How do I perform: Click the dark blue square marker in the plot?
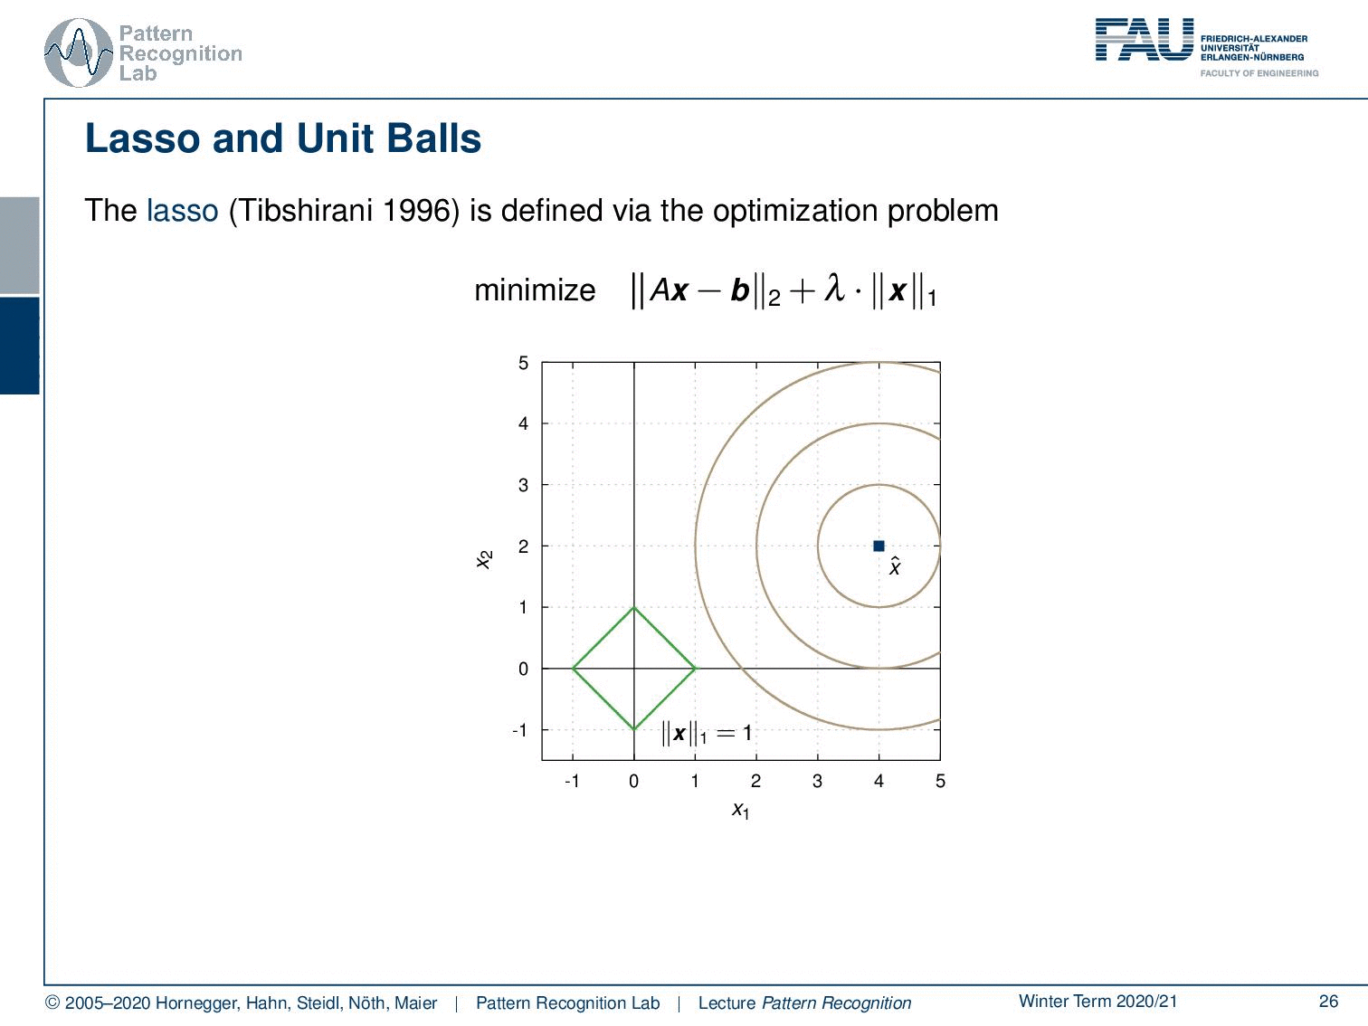(x=879, y=546)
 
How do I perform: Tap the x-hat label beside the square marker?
(x=895, y=565)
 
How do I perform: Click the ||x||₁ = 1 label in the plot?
(x=707, y=733)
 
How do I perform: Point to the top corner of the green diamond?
(x=634, y=607)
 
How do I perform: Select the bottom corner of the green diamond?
(x=634, y=729)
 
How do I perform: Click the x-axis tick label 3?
(x=817, y=781)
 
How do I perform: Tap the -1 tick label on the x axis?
(x=572, y=781)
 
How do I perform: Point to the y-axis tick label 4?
(x=523, y=423)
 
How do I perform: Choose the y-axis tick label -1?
(x=519, y=730)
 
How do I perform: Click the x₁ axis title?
(x=741, y=811)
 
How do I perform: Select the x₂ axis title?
(x=484, y=559)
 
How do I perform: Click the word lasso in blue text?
(x=182, y=211)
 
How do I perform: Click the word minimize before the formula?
(x=535, y=290)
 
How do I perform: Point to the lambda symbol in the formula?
(x=834, y=288)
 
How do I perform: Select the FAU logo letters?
(x=1145, y=40)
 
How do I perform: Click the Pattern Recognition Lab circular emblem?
(x=79, y=53)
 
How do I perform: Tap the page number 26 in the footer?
(x=1328, y=1002)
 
